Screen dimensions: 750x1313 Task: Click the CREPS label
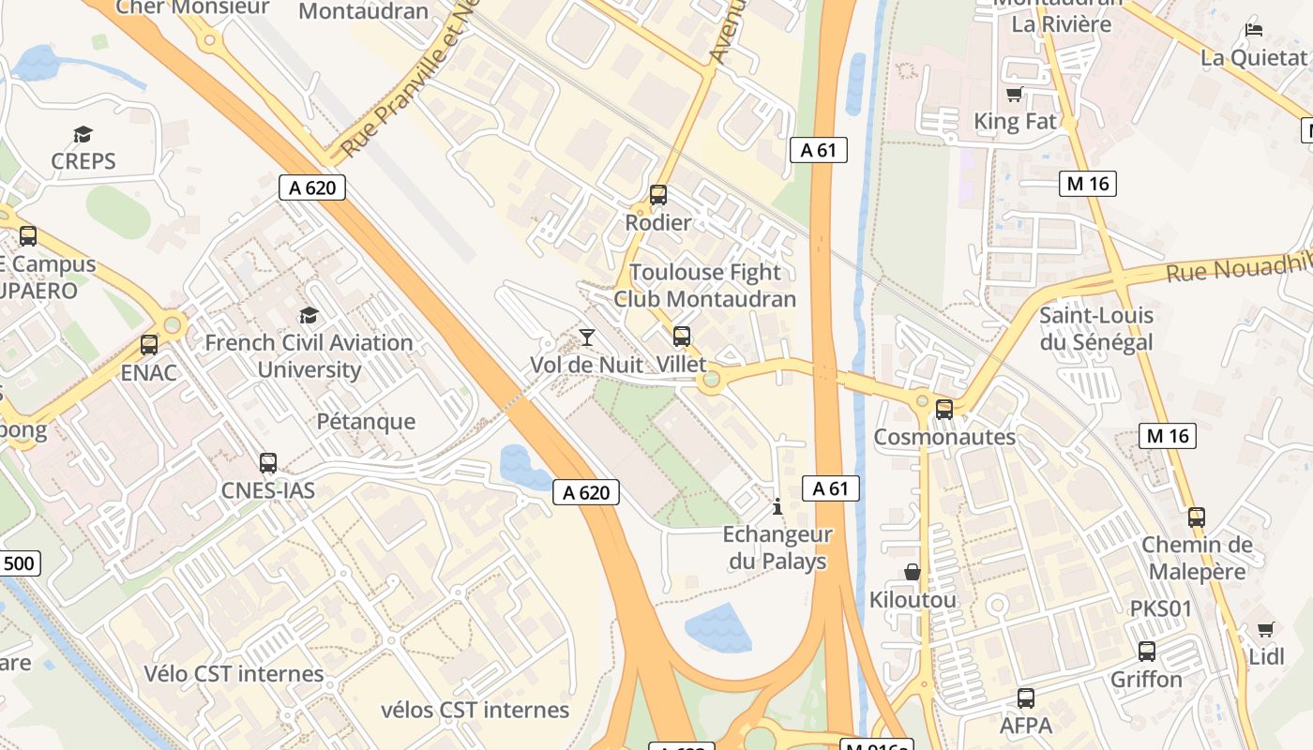(83, 161)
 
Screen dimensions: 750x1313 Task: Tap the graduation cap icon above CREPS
(83, 135)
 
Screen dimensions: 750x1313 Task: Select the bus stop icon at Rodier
(658, 195)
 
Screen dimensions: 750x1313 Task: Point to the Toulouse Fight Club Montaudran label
(704, 286)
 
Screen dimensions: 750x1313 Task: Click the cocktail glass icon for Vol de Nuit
(587, 337)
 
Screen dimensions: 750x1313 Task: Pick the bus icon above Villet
(682, 337)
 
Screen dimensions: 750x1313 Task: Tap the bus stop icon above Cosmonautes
(944, 410)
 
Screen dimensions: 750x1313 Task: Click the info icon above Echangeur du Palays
(777, 507)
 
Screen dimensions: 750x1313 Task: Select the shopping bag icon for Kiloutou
(912, 572)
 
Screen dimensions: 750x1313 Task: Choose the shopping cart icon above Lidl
(1266, 629)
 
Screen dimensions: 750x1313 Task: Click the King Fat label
(1015, 122)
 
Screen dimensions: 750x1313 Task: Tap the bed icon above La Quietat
(1254, 30)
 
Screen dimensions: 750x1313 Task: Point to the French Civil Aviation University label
(309, 356)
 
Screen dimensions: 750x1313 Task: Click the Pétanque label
(366, 422)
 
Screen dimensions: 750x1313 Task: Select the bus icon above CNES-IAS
(268, 463)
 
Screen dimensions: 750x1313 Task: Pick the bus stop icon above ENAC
(149, 345)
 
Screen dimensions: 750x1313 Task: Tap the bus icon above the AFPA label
(1026, 698)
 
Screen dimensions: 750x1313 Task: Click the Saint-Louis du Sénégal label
(1095, 329)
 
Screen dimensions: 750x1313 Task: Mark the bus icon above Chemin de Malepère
(1197, 517)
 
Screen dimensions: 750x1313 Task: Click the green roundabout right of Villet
(712, 380)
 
